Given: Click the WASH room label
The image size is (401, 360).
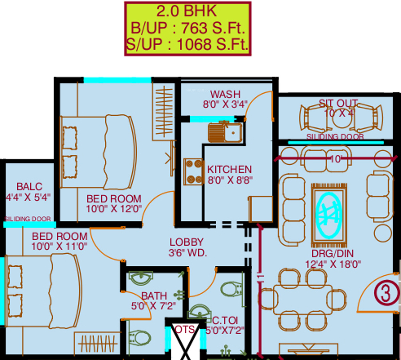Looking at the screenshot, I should tap(225, 94).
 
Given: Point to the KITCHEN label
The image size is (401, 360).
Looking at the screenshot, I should tap(230, 169).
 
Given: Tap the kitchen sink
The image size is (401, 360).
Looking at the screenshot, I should tap(225, 133).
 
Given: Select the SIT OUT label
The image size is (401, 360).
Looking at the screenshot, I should tap(338, 103).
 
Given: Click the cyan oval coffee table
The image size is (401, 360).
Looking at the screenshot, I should tap(329, 215).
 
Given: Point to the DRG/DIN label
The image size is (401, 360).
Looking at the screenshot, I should tap(332, 253).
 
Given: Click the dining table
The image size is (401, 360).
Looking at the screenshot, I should tap(302, 299).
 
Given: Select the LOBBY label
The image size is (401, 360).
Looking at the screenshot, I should tap(186, 242).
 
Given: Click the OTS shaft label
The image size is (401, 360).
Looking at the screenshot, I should tap(184, 330).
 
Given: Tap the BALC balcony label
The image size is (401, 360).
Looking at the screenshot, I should tap(29, 186).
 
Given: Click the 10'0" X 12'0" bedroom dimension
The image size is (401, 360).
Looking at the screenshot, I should tap(114, 209).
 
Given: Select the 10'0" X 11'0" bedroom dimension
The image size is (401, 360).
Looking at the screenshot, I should tap(59, 247).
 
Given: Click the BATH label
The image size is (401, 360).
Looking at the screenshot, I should tap(154, 296).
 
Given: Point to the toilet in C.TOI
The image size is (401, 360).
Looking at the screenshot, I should tap(232, 288).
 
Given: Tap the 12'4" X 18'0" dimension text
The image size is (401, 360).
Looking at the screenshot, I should tap(333, 264).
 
